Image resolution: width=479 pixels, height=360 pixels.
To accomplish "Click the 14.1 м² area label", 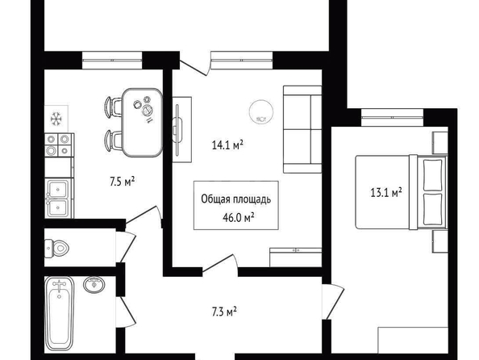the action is tap(227, 144).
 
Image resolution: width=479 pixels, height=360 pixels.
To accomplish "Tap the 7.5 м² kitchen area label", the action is tap(123, 182).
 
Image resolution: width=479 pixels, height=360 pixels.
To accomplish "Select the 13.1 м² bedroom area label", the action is tap(385, 192).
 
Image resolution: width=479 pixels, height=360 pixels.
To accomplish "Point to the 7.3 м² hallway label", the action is tap(224, 312).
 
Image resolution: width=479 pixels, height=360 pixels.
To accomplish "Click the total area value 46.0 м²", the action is tap(239, 218).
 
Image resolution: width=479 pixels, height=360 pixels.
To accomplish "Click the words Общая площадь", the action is tap(235, 199).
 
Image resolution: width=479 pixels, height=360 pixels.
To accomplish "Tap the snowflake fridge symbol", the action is tap(56, 119).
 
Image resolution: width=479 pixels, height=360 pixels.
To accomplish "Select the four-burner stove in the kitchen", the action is tap(59, 145).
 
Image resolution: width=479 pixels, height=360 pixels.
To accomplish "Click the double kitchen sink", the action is tap(58, 199).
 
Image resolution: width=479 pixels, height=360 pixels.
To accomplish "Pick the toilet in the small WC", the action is tap(56, 248).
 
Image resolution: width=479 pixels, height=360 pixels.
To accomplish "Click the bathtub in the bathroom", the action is tap(60, 314).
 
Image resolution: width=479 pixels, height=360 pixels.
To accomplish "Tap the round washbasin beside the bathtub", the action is tap(94, 284).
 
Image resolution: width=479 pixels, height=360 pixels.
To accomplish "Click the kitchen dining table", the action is tap(142, 123).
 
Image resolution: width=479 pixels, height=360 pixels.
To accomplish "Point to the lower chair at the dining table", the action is tap(113, 140).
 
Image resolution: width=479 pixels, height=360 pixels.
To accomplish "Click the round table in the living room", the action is tap(261, 112).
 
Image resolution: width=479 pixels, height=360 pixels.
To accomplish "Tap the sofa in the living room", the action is tap(302, 129).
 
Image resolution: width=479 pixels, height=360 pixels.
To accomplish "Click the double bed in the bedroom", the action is tap(401, 192).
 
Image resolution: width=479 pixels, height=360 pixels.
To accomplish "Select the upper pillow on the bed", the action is tap(433, 174).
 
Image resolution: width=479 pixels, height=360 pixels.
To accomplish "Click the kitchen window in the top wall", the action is tap(112, 61).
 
